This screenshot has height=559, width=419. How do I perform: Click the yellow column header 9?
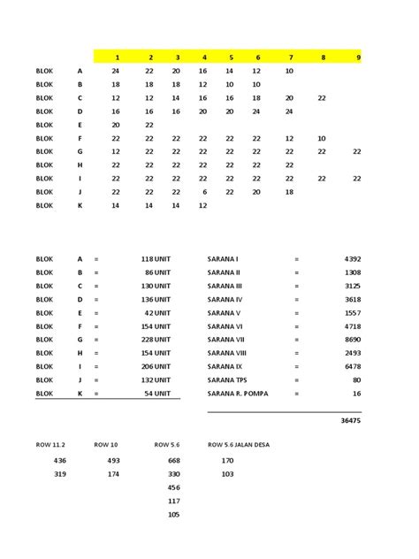(358, 57)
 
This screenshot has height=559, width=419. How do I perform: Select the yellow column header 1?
(117, 57)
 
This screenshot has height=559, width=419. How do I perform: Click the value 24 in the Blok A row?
(116, 70)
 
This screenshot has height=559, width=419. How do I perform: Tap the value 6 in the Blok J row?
(204, 191)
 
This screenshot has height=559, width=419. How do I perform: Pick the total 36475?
(350, 421)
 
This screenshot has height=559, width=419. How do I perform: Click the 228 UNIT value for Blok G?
(155, 340)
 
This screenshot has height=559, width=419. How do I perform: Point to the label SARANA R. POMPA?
(238, 393)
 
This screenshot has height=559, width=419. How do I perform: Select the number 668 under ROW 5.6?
(173, 461)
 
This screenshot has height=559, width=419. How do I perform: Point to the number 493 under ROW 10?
(113, 461)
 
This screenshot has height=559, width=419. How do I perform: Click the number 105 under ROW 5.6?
(173, 515)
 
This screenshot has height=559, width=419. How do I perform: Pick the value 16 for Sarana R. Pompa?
(356, 393)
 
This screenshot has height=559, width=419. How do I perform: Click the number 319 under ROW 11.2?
(60, 474)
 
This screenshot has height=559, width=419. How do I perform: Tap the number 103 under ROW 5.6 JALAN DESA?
(227, 474)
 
